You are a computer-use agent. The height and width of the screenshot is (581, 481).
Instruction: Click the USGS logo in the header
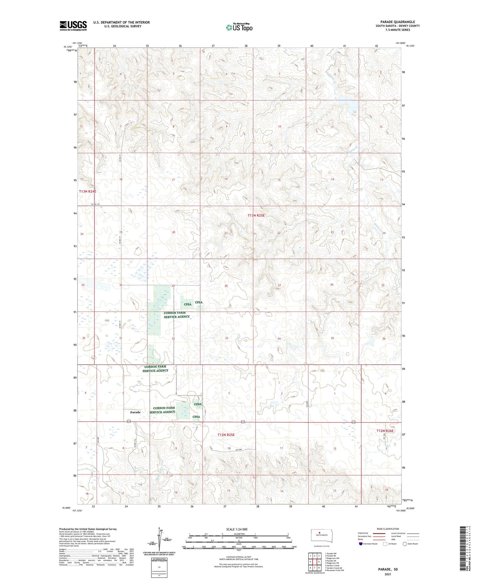coord(73,26)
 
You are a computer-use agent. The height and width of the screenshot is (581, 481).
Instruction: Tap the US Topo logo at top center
coord(239,27)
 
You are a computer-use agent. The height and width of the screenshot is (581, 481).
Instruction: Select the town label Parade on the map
coord(135,412)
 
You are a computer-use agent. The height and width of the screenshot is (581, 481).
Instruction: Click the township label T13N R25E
coord(256,215)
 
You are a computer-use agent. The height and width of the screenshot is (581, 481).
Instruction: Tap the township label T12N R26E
coord(385,431)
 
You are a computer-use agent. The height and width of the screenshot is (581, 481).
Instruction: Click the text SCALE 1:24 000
coord(237,529)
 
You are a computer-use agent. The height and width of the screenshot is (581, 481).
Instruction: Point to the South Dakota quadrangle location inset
coord(320,537)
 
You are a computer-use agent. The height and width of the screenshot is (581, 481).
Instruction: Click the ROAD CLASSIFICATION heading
coord(387,529)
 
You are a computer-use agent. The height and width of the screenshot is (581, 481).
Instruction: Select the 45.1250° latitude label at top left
coord(67,47)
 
